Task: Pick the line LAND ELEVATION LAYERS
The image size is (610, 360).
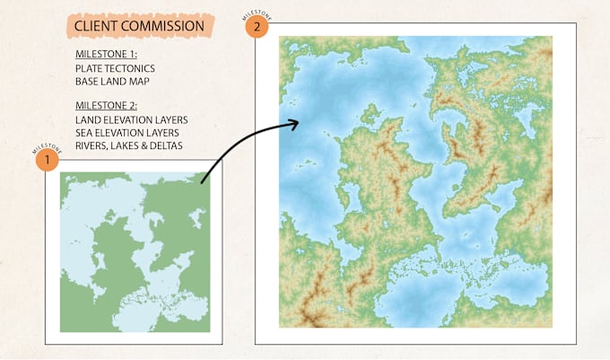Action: point(132,119)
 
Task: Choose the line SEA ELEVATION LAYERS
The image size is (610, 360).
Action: point(128,132)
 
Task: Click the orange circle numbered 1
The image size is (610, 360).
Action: point(45,161)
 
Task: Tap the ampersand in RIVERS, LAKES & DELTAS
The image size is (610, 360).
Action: point(148,145)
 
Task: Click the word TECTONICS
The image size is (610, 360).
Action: point(130,67)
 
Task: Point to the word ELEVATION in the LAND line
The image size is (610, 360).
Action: point(133,119)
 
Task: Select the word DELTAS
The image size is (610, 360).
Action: point(170,145)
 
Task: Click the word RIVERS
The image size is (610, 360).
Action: point(94,145)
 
